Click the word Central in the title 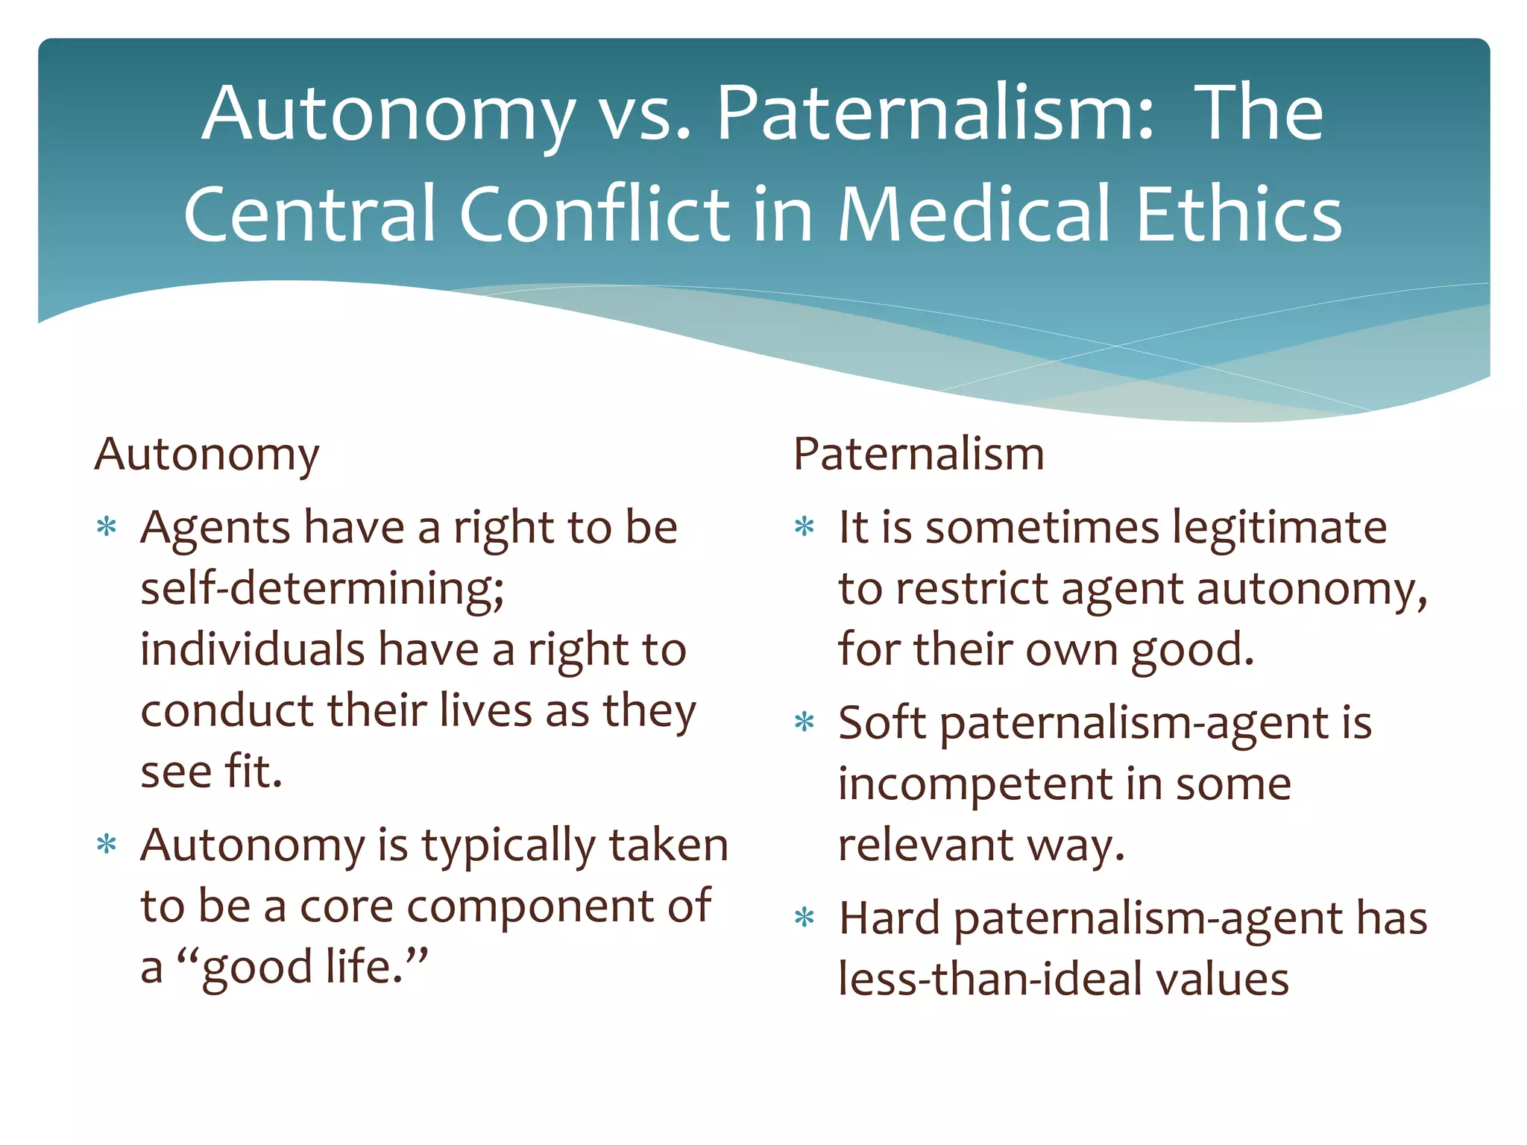pyautogui.click(x=309, y=214)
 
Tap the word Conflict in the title pyautogui.click(x=594, y=214)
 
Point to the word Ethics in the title pyautogui.click(x=1238, y=214)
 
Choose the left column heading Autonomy pyautogui.click(x=207, y=454)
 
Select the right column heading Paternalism pyautogui.click(x=919, y=454)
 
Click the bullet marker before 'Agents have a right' pyautogui.click(x=107, y=527)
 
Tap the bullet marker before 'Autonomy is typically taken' pyautogui.click(x=107, y=845)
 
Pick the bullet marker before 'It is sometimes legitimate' pyautogui.click(x=805, y=527)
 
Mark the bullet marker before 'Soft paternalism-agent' pyautogui.click(x=805, y=722)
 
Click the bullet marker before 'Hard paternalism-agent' pyautogui.click(x=805, y=917)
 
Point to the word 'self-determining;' pyautogui.click(x=322, y=589)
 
